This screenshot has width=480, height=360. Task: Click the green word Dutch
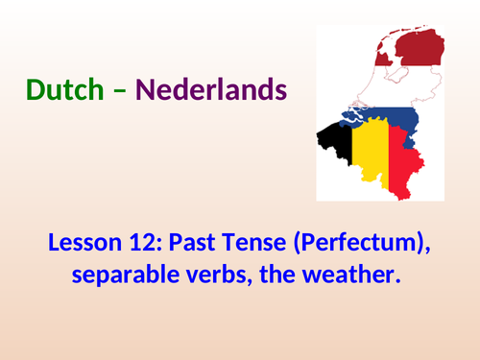tap(63, 90)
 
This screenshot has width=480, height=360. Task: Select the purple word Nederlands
tap(211, 90)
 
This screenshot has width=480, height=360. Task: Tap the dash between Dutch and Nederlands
tap(120, 92)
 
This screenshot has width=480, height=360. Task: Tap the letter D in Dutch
tap(36, 90)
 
